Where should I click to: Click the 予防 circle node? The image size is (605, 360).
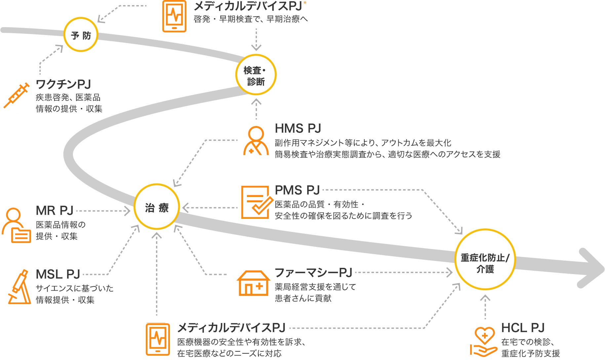click(x=81, y=35)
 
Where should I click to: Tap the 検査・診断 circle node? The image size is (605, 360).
click(x=256, y=75)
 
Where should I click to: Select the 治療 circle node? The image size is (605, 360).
click(x=157, y=207)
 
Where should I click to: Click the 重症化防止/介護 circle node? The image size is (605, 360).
click(x=485, y=260)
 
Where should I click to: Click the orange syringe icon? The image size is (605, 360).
click(x=16, y=96)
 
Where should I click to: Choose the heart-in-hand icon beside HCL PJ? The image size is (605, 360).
click(x=483, y=341)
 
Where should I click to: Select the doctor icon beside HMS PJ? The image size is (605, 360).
click(x=256, y=141)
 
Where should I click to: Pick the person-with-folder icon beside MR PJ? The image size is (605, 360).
click(x=16, y=225)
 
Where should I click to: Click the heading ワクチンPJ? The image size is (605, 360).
click(x=63, y=84)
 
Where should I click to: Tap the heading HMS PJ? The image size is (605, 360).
click(x=298, y=128)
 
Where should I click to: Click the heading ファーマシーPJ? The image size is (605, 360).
click(x=313, y=273)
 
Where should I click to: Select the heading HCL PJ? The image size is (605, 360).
click(x=523, y=328)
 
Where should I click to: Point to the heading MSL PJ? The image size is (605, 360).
click(x=58, y=274)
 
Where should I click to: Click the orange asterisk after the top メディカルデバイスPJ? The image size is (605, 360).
click(x=305, y=3)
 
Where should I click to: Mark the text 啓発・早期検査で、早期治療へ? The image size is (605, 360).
click(x=251, y=19)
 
